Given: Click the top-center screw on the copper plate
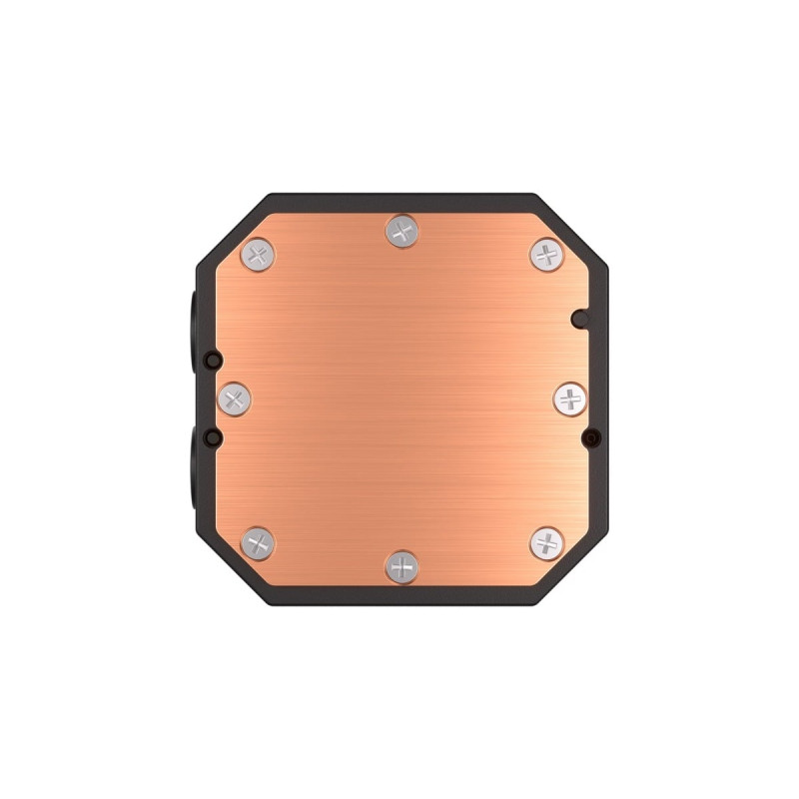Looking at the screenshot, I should pos(402,233).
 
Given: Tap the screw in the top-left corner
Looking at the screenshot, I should pos(259,254).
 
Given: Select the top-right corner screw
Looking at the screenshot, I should pos(546,254).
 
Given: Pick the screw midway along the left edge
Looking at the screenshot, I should pos(235,399).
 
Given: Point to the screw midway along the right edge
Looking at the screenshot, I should pos(570,399).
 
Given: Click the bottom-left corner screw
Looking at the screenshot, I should pos(259,543).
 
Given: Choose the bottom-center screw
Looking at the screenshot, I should pos(402,566).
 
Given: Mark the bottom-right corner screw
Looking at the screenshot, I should pos(546,543).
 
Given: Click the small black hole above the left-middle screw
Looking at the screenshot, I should pos(211,360).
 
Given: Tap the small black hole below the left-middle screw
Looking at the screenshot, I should pos(211,437).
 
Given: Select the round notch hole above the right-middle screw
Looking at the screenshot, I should pos(579,319).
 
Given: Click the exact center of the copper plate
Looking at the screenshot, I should pos(402,399).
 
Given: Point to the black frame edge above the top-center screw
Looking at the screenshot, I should pos(402,200).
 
